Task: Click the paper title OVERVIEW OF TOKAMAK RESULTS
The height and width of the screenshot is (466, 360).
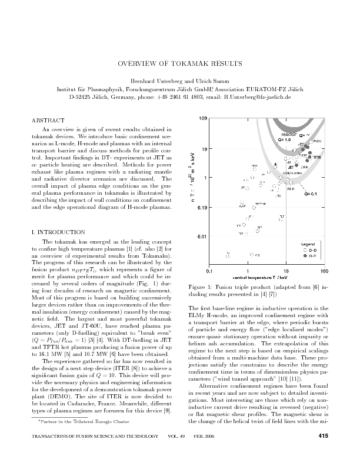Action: [x=180, y=63]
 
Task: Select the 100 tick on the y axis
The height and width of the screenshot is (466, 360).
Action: [x=202, y=119]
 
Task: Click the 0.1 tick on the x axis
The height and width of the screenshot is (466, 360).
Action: [x=209, y=271]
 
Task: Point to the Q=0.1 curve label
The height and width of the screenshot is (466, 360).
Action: [x=311, y=193]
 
